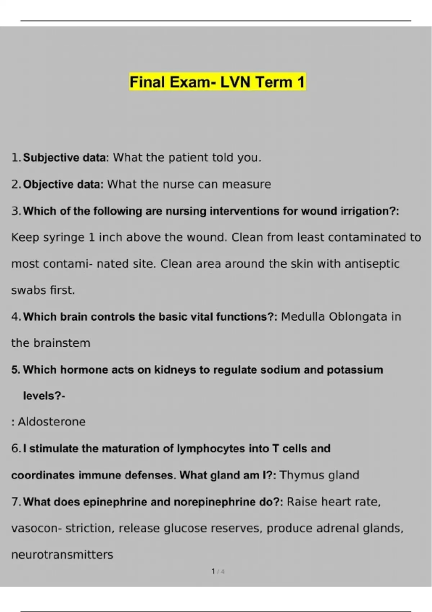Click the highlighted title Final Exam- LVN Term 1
(217, 82)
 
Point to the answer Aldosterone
(52, 422)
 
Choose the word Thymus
(298, 475)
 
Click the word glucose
(185, 528)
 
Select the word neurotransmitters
(62, 555)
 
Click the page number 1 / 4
(218, 571)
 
